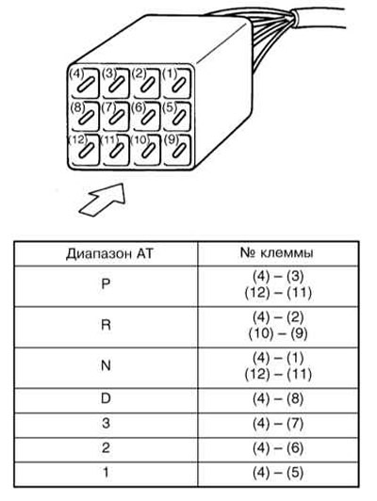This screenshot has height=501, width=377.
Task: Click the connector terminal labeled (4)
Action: (x=85, y=84)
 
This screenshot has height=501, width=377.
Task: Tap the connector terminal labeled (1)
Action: (x=177, y=84)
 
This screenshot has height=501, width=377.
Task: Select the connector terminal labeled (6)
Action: (x=147, y=117)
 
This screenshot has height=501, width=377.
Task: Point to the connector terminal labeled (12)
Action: (x=85, y=150)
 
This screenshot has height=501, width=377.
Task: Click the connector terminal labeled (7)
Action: (x=116, y=117)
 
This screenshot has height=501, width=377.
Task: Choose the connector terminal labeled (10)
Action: (x=147, y=150)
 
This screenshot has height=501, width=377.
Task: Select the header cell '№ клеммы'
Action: (x=277, y=253)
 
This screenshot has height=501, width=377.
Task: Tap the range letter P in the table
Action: (x=106, y=283)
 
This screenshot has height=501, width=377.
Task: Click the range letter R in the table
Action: (x=106, y=325)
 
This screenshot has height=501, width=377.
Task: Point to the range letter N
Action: (x=106, y=365)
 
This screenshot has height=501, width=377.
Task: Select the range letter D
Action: (x=106, y=398)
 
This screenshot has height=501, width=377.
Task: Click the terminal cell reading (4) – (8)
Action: (x=278, y=399)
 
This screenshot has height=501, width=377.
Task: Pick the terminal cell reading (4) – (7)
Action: (x=278, y=424)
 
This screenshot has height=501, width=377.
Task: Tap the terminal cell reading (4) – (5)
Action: (x=278, y=473)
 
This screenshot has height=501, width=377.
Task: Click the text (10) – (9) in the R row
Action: (x=278, y=334)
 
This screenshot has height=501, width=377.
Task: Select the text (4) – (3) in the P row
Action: (x=278, y=277)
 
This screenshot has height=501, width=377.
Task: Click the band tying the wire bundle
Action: (x=294, y=19)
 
